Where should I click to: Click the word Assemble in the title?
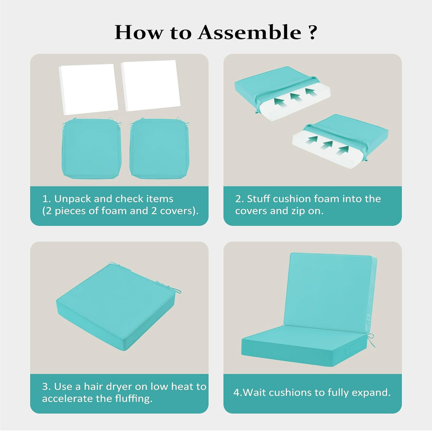coord(249,32)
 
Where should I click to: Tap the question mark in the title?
coord(312,33)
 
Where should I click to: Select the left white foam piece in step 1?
coord(89,89)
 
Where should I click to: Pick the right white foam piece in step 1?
coord(151,85)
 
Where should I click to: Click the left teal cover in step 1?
coord(91,148)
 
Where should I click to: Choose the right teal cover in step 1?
coord(159,148)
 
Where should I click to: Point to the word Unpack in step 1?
coord(73,199)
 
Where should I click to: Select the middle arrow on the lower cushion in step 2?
coord(327,145)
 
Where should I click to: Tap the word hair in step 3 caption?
coord(93,387)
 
